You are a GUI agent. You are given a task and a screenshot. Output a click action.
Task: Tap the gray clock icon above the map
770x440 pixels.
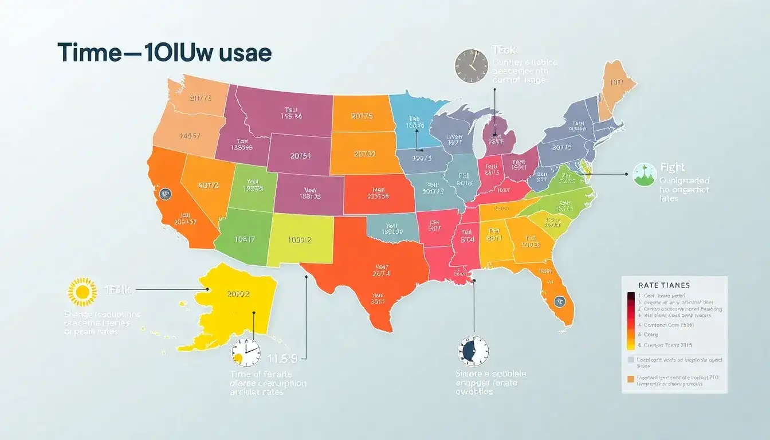click(x=471, y=65)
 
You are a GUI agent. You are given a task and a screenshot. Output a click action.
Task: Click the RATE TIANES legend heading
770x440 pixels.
click(x=663, y=285)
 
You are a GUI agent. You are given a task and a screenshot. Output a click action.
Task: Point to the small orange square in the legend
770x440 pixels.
click(x=631, y=379)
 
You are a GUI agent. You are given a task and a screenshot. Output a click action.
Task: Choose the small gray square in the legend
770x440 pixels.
click(x=631, y=360)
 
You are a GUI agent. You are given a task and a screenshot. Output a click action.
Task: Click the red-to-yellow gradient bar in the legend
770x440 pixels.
click(x=631, y=321)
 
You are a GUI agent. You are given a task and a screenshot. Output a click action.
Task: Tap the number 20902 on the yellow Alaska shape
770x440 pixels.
click(x=238, y=294)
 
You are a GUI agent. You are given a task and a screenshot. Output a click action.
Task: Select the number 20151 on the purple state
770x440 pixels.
click(x=301, y=156)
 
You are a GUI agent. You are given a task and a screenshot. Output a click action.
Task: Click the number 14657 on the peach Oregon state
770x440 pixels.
click(x=190, y=136)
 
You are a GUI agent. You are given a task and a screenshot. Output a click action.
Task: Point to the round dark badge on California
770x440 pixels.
click(x=165, y=194)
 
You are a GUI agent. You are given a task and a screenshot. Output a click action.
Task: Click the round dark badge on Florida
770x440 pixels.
click(x=559, y=300)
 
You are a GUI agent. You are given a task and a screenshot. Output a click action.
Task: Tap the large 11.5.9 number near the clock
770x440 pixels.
click(x=282, y=359)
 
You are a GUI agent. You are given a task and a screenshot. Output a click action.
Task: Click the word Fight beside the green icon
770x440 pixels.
click(x=672, y=168)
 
